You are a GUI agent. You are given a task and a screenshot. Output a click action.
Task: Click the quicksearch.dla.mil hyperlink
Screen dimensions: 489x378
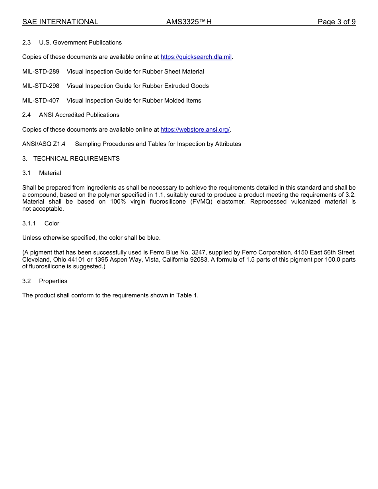pos(196,57)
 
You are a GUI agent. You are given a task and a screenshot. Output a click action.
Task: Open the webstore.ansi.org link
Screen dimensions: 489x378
pos(195,130)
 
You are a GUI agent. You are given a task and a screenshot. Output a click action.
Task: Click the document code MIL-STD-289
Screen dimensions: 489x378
pos(41,72)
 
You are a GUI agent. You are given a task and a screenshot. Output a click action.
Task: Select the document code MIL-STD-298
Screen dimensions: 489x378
pos(41,86)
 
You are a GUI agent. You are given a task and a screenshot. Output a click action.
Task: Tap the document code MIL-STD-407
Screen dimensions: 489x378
pos(41,101)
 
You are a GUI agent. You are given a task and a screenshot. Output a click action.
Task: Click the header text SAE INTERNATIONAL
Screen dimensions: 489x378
pos(60,22)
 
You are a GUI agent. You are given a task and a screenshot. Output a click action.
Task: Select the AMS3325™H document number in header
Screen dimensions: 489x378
pos(189,22)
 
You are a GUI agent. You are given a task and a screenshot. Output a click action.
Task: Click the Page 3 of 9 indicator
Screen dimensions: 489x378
pos(336,22)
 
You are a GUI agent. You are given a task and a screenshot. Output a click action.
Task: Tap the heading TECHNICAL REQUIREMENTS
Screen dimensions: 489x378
pos(76,159)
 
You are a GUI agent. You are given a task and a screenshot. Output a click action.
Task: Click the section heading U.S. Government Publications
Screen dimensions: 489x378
pos(80,43)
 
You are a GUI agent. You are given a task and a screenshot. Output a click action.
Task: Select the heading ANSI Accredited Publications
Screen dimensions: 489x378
pos(79,115)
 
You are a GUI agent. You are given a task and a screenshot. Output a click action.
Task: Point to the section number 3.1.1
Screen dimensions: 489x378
pos(29,223)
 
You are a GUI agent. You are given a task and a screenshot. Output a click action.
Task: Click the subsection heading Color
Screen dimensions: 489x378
pos(52,223)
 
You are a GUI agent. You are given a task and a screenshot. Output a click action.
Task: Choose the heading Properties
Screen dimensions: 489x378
pos(53,281)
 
